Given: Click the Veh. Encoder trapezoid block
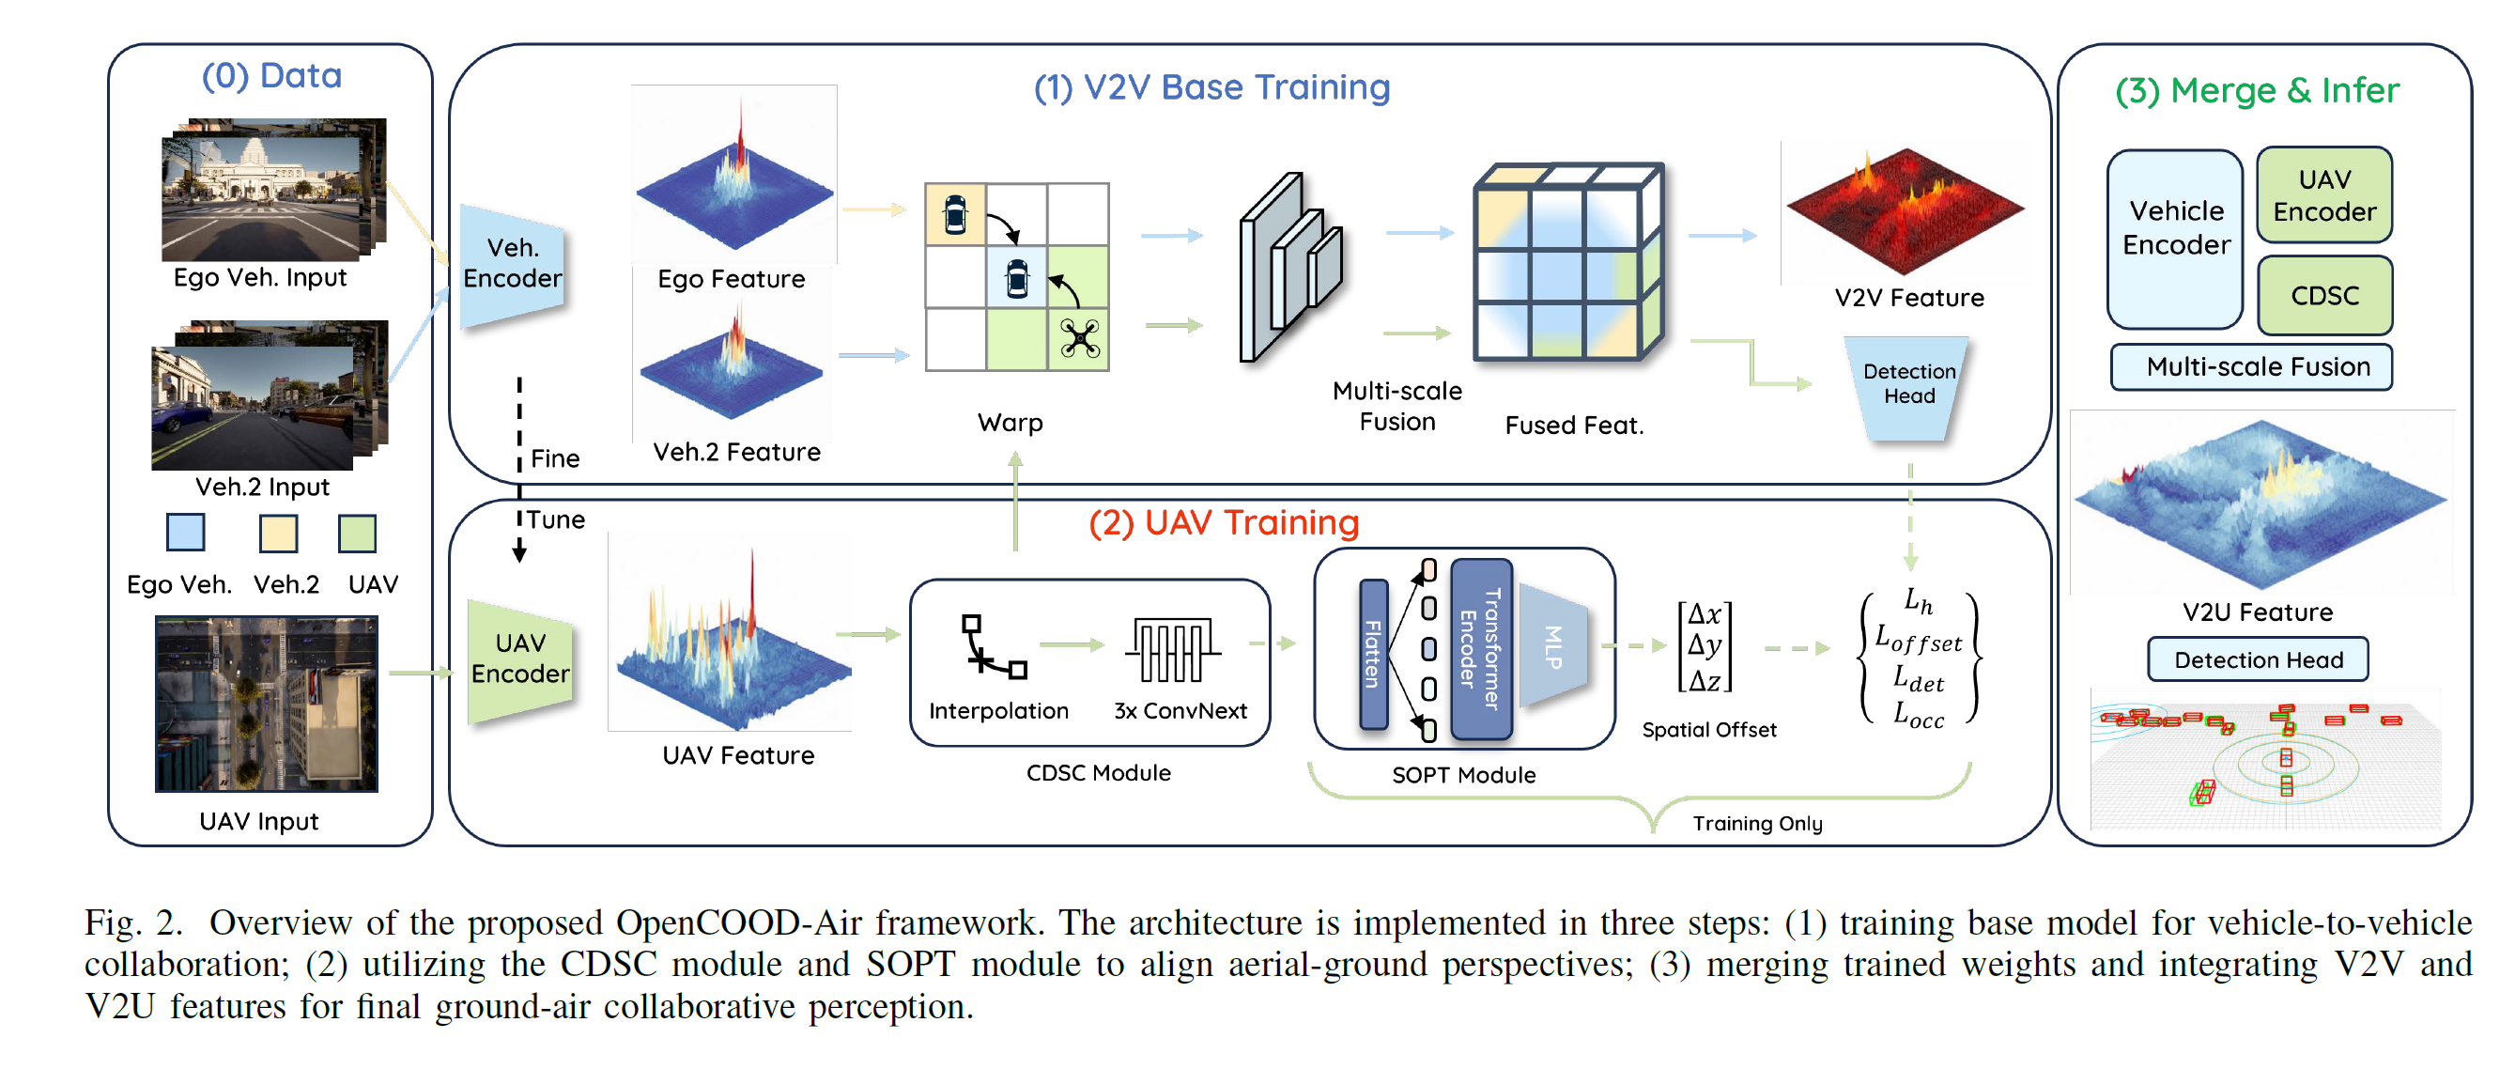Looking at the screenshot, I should (x=512, y=265).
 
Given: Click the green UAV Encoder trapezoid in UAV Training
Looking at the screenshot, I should (x=519, y=660).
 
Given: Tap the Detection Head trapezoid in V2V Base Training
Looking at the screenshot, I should (x=1907, y=387).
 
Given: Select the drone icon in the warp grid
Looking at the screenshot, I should (x=1080, y=339).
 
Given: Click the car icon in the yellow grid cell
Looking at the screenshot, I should (x=955, y=215).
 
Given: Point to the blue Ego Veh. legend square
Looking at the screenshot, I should (x=186, y=533).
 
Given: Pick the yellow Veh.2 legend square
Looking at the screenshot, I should (x=278, y=534).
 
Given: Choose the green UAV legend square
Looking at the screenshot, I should (x=357, y=534).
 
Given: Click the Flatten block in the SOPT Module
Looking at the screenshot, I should (x=1374, y=654).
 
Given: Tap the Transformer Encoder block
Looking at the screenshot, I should (x=1480, y=649).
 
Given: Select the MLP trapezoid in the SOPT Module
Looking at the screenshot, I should (x=1553, y=646).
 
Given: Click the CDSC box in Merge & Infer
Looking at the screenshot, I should (x=2323, y=296).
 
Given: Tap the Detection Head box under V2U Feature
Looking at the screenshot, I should (x=2258, y=660).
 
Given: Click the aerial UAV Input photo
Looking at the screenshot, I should (x=266, y=703).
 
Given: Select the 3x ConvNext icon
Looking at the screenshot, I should (x=1172, y=648).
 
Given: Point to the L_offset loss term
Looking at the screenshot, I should (x=1917, y=640).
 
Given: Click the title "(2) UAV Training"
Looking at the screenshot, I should (x=1224, y=523).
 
